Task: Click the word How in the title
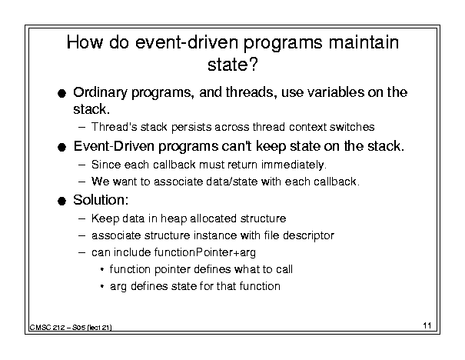click(85, 42)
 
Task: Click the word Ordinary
click(100, 93)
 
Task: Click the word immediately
click(294, 165)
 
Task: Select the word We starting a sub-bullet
click(101, 182)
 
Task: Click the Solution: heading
click(101, 200)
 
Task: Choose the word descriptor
click(308, 235)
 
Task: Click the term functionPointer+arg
click(204, 252)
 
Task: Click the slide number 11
click(427, 325)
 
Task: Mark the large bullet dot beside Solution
click(61, 202)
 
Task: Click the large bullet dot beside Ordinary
click(61, 94)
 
